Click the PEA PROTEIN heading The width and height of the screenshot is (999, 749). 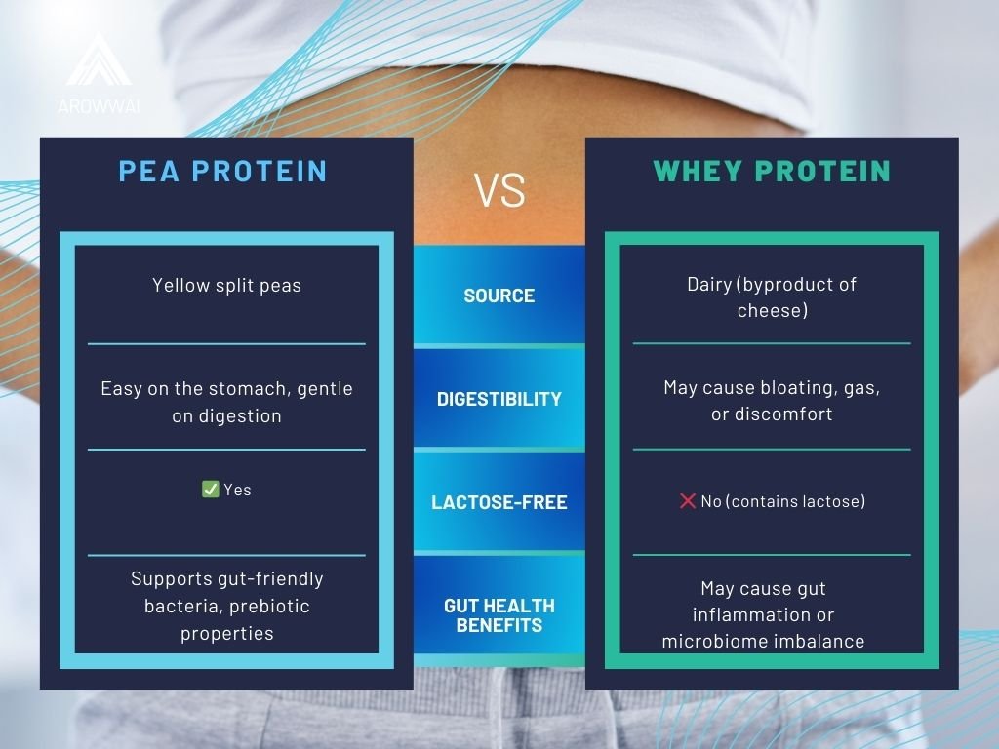pos(222,171)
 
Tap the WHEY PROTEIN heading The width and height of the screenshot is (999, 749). pos(772,171)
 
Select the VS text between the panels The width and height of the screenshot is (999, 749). pos(499,190)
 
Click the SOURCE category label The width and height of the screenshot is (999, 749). pos(499,296)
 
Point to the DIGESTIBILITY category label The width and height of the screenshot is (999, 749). pos(499,399)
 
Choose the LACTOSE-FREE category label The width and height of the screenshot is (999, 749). pos(499,502)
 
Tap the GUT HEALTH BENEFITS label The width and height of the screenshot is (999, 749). pos(499,615)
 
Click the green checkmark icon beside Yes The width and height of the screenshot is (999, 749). pos(211,490)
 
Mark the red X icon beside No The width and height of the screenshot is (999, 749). pos(688,500)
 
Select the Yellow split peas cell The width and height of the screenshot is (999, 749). pos(226,285)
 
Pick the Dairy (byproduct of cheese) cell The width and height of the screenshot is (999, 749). pos(772,296)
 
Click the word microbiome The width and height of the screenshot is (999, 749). pos(714,641)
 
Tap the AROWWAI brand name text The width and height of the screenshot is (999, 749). pos(99,106)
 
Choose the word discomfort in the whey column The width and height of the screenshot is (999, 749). pos(783,414)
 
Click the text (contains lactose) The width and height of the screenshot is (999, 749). pos(796,501)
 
